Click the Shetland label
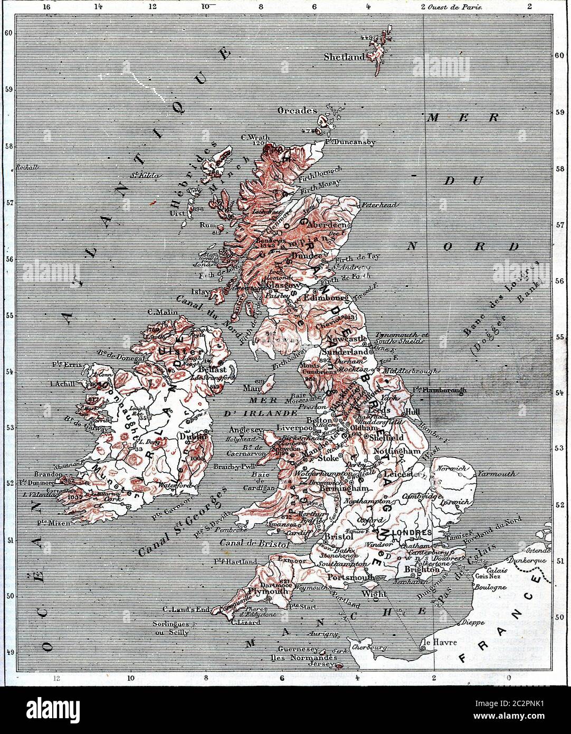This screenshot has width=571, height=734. tap(344, 57)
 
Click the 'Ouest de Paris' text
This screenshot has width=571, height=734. tap(456, 7)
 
